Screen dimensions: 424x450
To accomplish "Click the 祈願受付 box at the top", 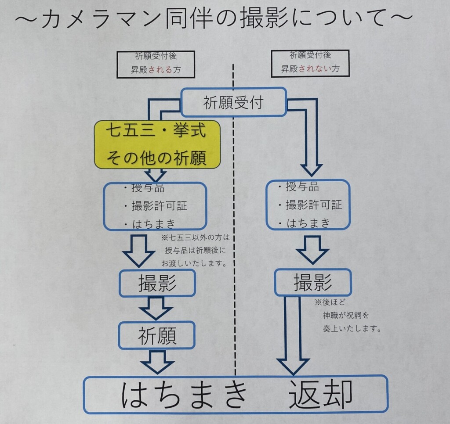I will (x=233, y=102).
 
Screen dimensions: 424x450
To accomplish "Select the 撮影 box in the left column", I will (x=157, y=284).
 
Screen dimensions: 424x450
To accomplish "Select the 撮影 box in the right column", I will (x=313, y=282).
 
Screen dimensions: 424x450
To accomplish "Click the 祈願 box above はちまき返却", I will (x=157, y=336).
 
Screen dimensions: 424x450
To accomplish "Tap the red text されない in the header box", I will (x=316, y=69).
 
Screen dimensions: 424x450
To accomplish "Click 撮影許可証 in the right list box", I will (x=314, y=205).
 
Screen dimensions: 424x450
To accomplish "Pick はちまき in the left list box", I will (x=153, y=224).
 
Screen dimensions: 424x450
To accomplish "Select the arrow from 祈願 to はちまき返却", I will (x=157, y=362).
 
